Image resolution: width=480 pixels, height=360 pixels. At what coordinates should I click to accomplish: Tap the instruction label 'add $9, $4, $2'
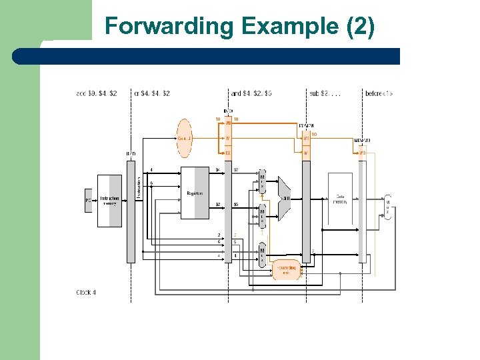pos(96,93)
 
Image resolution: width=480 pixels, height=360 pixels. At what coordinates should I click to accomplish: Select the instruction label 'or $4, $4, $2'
pos(152,93)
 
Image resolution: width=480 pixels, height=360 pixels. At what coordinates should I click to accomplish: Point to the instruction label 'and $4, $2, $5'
pos(251,93)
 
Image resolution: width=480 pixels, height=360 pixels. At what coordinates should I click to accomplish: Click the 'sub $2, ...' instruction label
pos(325,93)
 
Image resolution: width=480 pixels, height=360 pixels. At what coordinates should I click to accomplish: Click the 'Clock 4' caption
pos(87,292)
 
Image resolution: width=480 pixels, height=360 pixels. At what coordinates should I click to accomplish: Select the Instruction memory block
pos(110,200)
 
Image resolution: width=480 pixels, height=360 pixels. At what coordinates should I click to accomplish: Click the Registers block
pos(195,193)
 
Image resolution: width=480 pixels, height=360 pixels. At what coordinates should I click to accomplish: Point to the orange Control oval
pos(184,138)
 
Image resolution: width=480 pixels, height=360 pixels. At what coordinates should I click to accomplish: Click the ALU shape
pos(284,197)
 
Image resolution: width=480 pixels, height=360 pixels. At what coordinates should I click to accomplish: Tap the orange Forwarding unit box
pos(286,269)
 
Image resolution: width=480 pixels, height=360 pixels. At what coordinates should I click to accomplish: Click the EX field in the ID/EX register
pos(228,153)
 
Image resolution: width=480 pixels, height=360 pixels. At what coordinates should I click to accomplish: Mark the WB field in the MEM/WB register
pos(362,153)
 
